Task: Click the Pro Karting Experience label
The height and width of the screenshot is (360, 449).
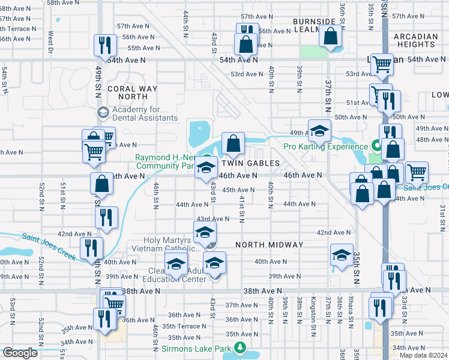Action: (x=326, y=146)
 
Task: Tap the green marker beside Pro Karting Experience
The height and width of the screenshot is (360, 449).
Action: (x=376, y=146)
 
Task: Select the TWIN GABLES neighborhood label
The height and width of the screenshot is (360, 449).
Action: (x=251, y=163)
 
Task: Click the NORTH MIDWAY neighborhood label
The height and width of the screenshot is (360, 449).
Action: (x=270, y=245)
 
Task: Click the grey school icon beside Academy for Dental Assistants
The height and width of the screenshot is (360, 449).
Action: (x=103, y=112)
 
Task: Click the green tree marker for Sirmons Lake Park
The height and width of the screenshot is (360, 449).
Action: (x=240, y=347)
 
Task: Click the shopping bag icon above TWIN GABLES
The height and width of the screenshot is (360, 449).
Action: (x=233, y=143)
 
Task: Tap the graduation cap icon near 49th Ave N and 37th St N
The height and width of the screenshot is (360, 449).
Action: (x=320, y=130)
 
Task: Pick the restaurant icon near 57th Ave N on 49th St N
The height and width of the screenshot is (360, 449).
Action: (x=105, y=45)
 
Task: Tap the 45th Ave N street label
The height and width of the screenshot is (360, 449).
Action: (x=239, y=190)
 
